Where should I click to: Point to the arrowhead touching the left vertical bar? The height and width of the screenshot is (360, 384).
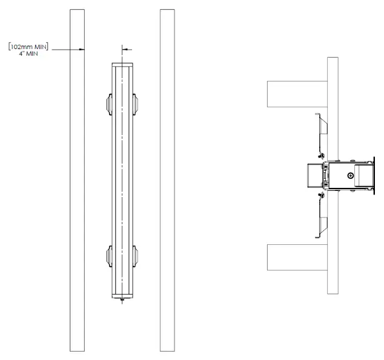tap(81, 49)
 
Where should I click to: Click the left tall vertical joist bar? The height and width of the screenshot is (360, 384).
tap(77, 182)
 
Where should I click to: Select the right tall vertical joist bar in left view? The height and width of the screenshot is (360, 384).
tap(167, 182)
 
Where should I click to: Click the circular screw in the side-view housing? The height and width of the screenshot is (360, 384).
tap(351, 176)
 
